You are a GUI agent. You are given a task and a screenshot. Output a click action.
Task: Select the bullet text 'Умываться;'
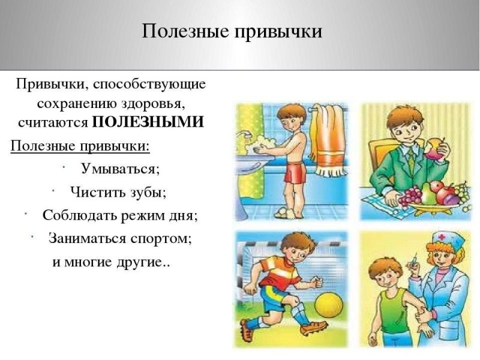pyautogui.click(x=120, y=169)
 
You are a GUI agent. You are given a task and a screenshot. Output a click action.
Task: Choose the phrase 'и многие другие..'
pyautogui.click(x=112, y=263)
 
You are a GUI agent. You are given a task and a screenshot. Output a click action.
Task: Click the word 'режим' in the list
pyautogui.click(x=146, y=215)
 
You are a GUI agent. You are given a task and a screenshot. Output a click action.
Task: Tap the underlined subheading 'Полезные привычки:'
pyautogui.click(x=80, y=146)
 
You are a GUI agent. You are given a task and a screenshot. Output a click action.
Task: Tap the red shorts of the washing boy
pyautogui.click(x=295, y=173)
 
